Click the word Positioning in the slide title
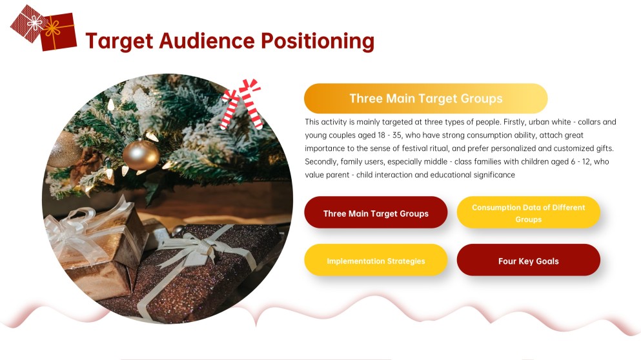pyautogui.click(x=317, y=41)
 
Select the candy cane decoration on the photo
pyautogui.click(x=242, y=103)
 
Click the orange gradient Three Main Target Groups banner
pyautogui.click(x=425, y=99)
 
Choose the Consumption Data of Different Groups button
pyautogui.click(x=528, y=213)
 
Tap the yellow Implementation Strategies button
pyautogui.click(x=376, y=261)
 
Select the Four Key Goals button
pyautogui.click(x=528, y=261)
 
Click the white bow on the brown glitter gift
pyautogui.click(x=194, y=248)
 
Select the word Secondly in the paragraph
pyautogui.click(x=323, y=162)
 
